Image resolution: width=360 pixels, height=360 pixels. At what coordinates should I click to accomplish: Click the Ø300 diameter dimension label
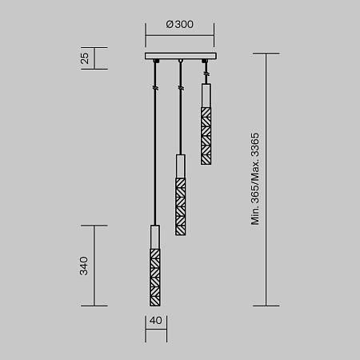[x=180, y=24]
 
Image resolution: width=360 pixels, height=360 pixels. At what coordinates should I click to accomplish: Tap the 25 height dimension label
[x=84, y=58]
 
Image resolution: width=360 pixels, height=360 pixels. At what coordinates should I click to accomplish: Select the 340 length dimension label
[x=84, y=266]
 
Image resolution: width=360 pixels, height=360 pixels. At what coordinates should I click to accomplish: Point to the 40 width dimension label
[x=155, y=321]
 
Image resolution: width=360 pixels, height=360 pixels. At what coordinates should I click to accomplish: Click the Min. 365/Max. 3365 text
[x=256, y=179]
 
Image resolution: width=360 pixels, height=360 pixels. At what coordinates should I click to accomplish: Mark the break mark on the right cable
[x=206, y=74]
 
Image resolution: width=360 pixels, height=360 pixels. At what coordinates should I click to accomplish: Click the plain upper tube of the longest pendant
[x=155, y=238]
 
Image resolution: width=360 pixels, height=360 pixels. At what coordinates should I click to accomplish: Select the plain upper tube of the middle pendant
[x=181, y=167]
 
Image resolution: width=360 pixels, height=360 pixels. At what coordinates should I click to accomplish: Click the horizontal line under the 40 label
[x=155, y=330]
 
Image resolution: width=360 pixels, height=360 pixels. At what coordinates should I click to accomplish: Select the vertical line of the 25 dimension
[x=95, y=58]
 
